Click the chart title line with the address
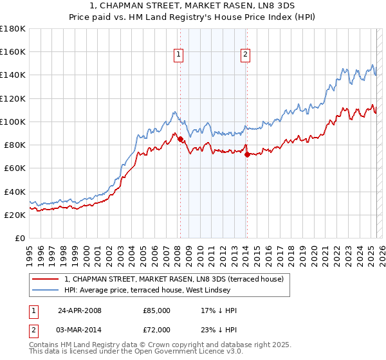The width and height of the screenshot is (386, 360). tap(193, 6)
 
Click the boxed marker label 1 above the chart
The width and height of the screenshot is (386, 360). tap(178, 55)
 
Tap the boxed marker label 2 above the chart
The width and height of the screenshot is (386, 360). tap(246, 55)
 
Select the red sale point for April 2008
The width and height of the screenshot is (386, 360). tap(180, 139)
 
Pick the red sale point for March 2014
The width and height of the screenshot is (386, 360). tap(247, 154)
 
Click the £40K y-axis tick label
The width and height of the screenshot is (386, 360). tap(14, 192)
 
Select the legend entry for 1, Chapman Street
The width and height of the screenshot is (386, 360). tap(178, 279)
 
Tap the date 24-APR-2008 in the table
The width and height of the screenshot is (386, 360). tap(79, 310)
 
